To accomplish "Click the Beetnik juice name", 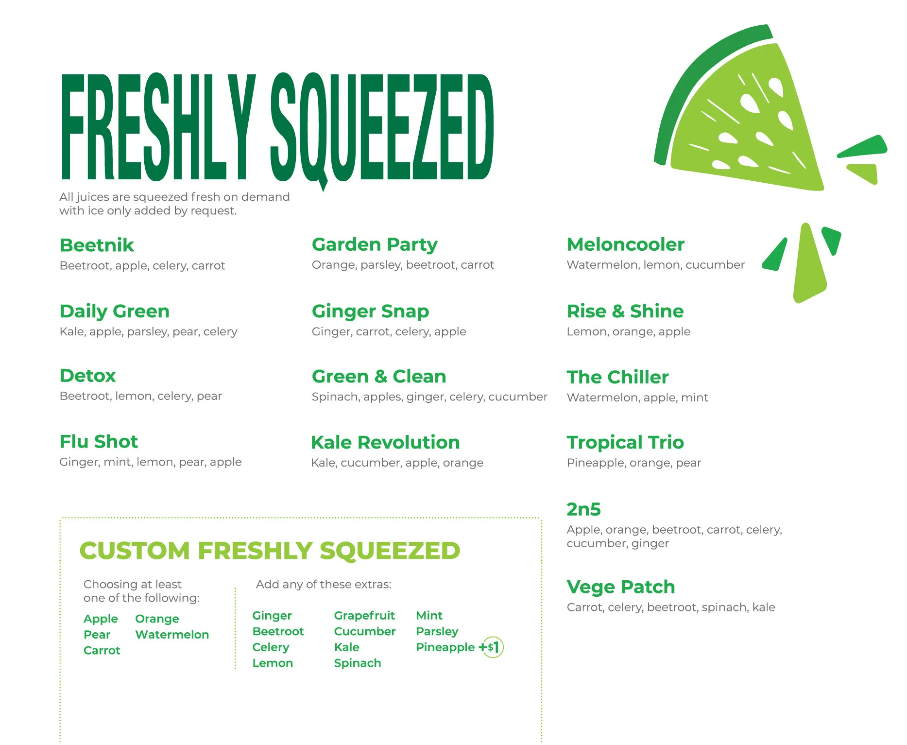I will pyautogui.click(x=97, y=245).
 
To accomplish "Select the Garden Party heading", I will pyautogui.click(x=375, y=245).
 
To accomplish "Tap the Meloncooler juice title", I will pyautogui.click(x=625, y=244).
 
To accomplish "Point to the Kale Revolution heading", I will pyautogui.click(x=385, y=443).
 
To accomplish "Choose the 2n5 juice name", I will pyautogui.click(x=583, y=509).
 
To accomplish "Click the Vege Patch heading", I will pyautogui.click(x=620, y=587).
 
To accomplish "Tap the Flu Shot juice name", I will pyautogui.click(x=99, y=442).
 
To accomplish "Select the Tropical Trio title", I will pyautogui.click(x=625, y=443).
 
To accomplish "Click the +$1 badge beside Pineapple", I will pyautogui.click(x=492, y=647).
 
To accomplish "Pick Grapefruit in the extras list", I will pyautogui.click(x=364, y=616).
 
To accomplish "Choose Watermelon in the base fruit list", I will pyautogui.click(x=172, y=635).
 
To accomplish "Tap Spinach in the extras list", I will pyautogui.click(x=358, y=663).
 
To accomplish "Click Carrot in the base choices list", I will pyautogui.click(x=102, y=651).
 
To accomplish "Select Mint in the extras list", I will pyautogui.click(x=429, y=616).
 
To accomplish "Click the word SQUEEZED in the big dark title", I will pyautogui.click(x=381, y=127).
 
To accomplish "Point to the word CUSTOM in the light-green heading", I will pyautogui.click(x=134, y=551).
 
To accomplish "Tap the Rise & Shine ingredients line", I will pyautogui.click(x=628, y=332).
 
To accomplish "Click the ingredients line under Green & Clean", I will pyautogui.click(x=429, y=397).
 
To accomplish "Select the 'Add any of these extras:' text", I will pyautogui.click(x=324, y=585).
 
